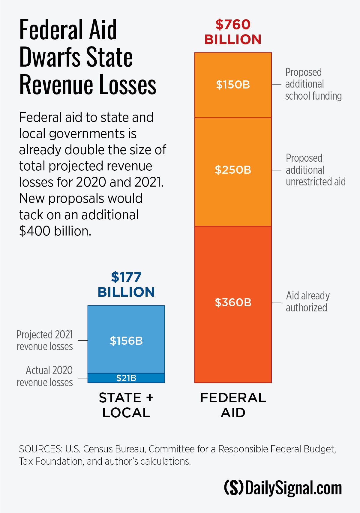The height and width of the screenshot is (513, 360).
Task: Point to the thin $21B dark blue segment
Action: tap(126, 378)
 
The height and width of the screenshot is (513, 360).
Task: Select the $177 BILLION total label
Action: tap(126, 284)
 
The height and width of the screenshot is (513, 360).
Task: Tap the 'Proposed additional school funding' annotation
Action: tap(313, 84)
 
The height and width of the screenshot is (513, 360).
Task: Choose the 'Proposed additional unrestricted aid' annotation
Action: tap(315, 170)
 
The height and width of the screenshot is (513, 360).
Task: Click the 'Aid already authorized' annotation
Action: tap(307, 301)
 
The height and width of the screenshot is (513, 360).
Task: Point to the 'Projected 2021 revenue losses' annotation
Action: tap(45, 340)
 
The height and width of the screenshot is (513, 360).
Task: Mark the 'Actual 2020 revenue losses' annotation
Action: tap(45, 376)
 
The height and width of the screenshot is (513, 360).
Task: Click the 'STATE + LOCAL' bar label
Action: tap(126, 405)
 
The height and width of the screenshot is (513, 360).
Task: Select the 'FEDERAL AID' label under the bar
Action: tap(233, 405)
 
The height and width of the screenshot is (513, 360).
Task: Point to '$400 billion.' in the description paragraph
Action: tap(55, 231)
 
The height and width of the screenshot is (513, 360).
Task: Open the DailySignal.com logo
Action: tap(283, 487)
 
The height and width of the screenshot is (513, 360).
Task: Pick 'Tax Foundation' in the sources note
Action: tap(51, 461)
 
